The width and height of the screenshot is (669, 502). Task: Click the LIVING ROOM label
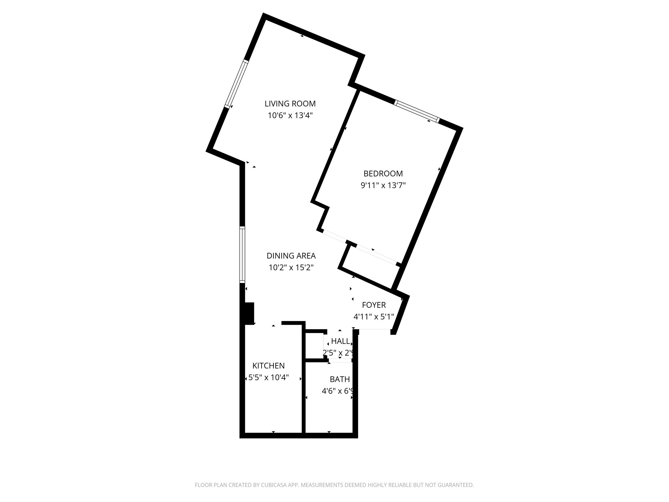click(x=290, y=104)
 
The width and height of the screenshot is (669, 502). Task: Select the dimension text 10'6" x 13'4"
click(x=290, y=115)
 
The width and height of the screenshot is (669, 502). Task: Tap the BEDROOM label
click(x=383, y=174)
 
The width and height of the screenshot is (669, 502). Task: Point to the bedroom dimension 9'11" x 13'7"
click(x=383, y=186)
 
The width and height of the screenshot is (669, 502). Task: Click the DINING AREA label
click(x=291, y=256)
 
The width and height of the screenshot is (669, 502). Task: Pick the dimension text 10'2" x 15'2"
click(x=291, y=268)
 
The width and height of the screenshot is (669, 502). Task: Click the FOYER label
click(x=374, y=305)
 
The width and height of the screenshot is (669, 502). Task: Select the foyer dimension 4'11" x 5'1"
click(x=374, y=317)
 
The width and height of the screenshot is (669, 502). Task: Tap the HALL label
click(x=340, y=341)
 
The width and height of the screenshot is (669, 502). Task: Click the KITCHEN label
click(x=269, y=366)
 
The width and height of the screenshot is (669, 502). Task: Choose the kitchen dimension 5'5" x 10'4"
click(x=269, y=378)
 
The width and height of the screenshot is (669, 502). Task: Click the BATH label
click(x=340, y=379)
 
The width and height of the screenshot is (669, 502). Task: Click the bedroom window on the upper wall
click(x=417, y=111)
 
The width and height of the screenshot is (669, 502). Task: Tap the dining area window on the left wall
click(x=242, y=255)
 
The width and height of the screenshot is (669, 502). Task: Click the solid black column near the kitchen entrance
click(x=249, y=313)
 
